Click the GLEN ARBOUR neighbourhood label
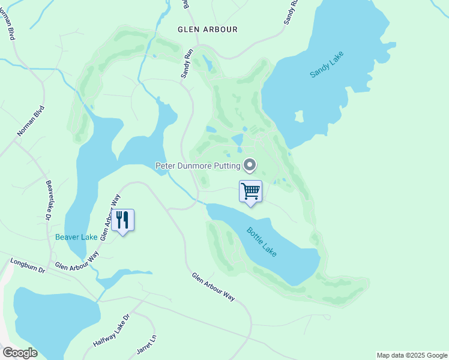(x=208, y=29)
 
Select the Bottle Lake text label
(x=262, y=242)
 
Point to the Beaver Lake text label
(x=76, y=237)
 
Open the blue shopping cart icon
(x=250, y=192)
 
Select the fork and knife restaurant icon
(x=122, y=220)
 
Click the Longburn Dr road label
(x=28, y=266)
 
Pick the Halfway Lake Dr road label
(x=112, y=331)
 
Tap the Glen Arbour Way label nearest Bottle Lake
(x=213, y=287)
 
